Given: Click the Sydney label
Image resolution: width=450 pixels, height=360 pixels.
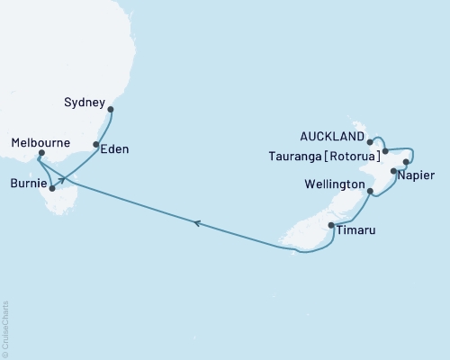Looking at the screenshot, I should tap(86, 103).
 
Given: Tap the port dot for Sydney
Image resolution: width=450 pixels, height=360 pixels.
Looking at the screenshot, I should tap(111, 110).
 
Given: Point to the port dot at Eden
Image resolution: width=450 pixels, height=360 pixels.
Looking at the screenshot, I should tap(96, 144).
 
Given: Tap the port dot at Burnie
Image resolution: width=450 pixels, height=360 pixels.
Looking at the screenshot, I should tap(52, 188).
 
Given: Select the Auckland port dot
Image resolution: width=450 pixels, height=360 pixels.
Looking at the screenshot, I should tap(370, 142).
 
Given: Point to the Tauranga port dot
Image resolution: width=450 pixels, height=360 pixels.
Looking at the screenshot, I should tap(385, 150).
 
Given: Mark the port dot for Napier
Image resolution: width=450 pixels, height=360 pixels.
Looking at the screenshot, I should tap(393, 170).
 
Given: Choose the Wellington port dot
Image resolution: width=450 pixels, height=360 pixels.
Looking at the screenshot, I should tap(371, 191).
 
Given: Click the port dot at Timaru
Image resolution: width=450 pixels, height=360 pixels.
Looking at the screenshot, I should tap(331, 225).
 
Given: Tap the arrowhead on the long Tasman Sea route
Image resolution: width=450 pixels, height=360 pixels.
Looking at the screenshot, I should tap(194, 223).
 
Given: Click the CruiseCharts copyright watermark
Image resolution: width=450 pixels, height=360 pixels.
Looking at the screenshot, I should tap(5, 329).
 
